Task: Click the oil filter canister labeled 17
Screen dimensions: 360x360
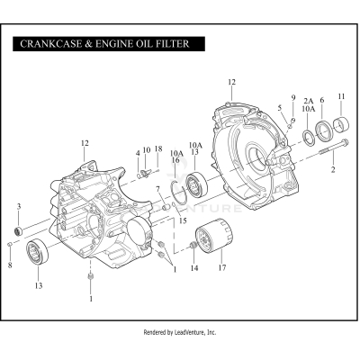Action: coord(214,239)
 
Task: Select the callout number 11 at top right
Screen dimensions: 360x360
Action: coord(341,96)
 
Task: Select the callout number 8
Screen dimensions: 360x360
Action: coord(8,265)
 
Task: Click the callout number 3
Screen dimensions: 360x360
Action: coord(19,207)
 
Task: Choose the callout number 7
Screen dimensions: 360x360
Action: coord(157,189)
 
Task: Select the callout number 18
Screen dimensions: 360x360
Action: coord(157,148)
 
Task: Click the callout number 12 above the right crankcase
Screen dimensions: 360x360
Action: coord(231,83)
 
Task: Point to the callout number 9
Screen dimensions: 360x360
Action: coord(292,97)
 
